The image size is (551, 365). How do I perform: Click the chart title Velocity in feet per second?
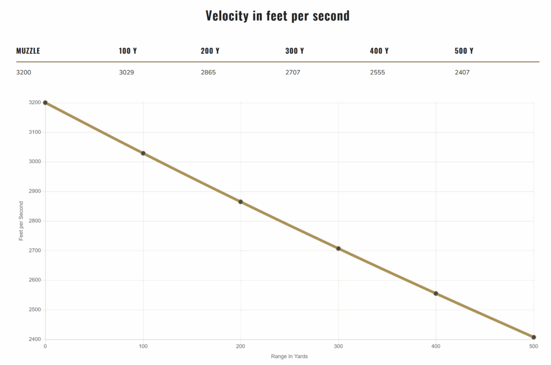(277, 16)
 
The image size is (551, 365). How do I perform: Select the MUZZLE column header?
(28, 51)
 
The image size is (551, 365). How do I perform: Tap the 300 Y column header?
(294, 51)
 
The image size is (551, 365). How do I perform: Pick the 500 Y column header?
(464, 51)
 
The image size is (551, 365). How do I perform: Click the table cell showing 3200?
(24, 72)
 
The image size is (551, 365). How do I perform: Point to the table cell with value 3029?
(126, 72)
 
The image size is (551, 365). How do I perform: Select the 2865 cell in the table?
(208, 72)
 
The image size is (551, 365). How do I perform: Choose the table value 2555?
(377, 72)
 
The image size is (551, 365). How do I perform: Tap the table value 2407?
(462, 72)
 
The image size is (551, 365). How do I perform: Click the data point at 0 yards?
(45, 102)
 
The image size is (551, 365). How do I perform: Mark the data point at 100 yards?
(143, 153)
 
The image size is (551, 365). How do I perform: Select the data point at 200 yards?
(241, 202)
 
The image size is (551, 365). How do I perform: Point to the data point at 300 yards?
(338, 248)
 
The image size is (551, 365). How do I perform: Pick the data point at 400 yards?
(436, 293)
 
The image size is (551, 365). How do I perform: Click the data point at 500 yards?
(534, 337)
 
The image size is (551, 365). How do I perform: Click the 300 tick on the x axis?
(338, 346)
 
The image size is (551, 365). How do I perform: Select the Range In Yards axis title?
(289, 356)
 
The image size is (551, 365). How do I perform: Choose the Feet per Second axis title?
(22, 221)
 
